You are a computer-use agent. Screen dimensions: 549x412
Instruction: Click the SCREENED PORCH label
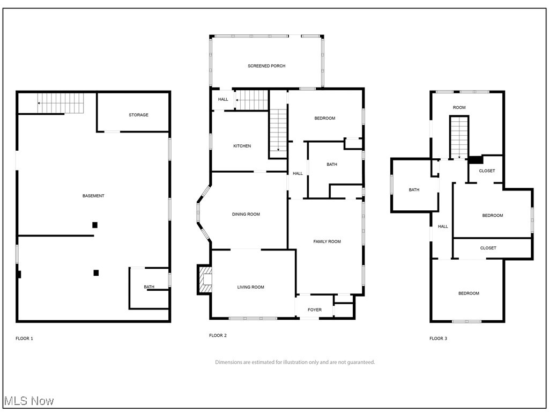[266, 66]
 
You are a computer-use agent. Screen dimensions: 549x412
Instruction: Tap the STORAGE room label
[138, 115]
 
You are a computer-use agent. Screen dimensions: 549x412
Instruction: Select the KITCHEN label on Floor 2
[242, 146]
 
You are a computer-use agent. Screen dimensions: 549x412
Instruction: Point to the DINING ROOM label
[246, 215]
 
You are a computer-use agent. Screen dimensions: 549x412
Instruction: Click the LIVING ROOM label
[251, 288]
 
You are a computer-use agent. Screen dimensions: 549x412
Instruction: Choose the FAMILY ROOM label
[327, 242]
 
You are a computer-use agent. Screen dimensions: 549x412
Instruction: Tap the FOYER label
[314, 310]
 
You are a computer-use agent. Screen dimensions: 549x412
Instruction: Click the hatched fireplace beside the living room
[205, 279]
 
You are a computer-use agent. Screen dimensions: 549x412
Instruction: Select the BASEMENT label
[93, 196]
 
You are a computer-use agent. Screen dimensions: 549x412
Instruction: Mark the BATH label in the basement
[149, 287]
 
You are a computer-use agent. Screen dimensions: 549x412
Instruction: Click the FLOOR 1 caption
[24, 339]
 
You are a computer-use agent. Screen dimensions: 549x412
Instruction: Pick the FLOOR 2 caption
[218, 335]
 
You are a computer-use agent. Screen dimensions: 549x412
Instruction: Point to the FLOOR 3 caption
[438, 339]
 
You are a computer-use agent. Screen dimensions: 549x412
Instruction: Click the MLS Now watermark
[29, 401]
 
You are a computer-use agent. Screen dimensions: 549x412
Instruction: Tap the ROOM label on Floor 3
[459, 107]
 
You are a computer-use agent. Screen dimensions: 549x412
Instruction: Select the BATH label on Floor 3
[414, 190]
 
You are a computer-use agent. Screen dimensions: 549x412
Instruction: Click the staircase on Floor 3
[459, 137]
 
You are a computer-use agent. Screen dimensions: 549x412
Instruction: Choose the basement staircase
[61, 103]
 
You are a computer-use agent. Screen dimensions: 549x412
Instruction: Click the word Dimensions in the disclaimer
[227, 362]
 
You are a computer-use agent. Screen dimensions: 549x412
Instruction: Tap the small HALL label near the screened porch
[223, 99]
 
